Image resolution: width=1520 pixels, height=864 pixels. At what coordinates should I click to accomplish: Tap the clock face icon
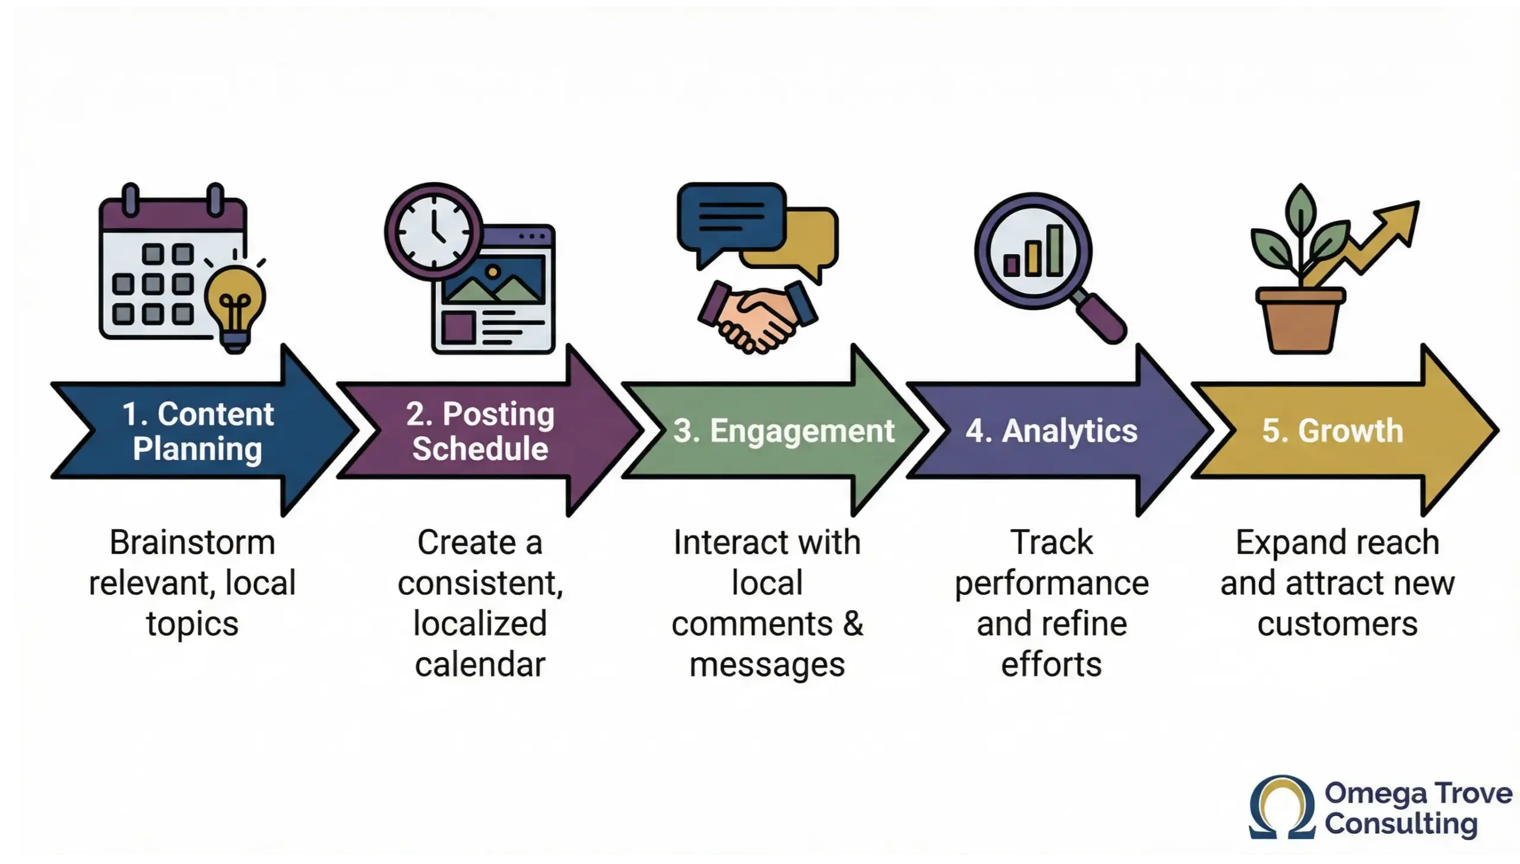pos(433,232)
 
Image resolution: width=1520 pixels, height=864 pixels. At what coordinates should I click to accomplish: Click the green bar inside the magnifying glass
pos(1054,251)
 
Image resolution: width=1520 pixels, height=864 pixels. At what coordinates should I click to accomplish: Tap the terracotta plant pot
pos(1300,321)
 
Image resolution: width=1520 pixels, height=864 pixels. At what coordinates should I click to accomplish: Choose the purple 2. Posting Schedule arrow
pos(481,431)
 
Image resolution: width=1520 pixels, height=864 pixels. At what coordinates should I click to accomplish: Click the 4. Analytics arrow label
pos(1051,431)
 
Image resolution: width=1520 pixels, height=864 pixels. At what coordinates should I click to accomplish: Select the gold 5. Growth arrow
pos(1333,431)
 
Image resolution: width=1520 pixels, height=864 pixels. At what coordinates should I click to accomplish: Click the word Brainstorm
pos(192,543)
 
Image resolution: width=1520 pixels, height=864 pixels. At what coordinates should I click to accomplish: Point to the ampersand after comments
pos(853,624)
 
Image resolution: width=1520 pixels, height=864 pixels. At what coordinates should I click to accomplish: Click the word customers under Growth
pos(1337,624)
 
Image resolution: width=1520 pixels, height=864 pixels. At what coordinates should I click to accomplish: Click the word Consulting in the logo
pos(1401,824)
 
